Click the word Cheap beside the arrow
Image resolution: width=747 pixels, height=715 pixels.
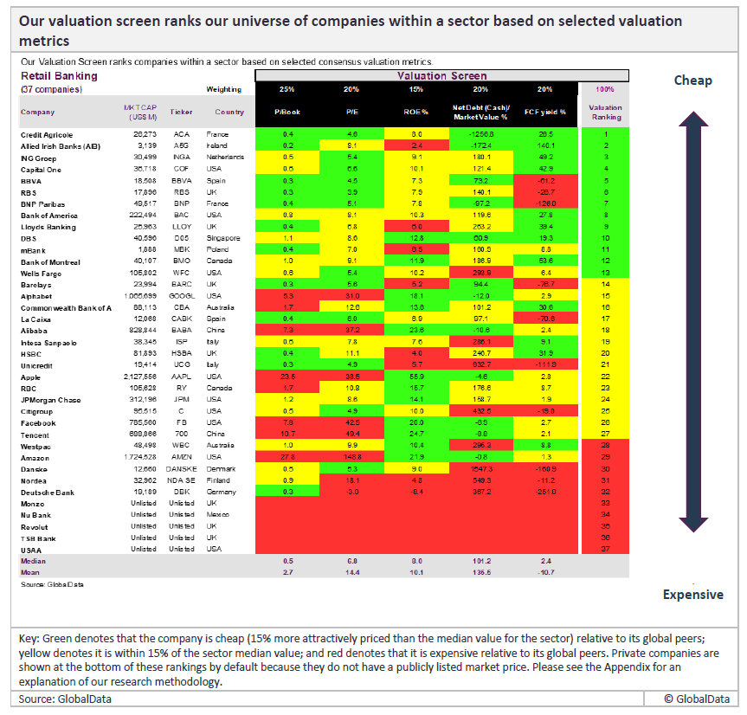point(692,81)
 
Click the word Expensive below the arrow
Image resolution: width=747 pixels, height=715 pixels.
point(692,595)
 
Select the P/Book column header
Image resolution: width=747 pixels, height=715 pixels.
point(287,112)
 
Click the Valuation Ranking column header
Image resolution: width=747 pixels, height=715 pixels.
point(605,112)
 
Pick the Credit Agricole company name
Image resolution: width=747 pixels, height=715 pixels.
point(47,135)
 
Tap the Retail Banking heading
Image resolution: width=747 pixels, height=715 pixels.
point(59,76)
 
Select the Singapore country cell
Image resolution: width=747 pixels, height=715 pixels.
point(223,236)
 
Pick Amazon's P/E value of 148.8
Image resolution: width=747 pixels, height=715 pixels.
point(351,457)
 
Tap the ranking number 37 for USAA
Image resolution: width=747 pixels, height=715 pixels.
point(605,549)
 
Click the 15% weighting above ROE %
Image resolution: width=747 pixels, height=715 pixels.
point(415,89)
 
